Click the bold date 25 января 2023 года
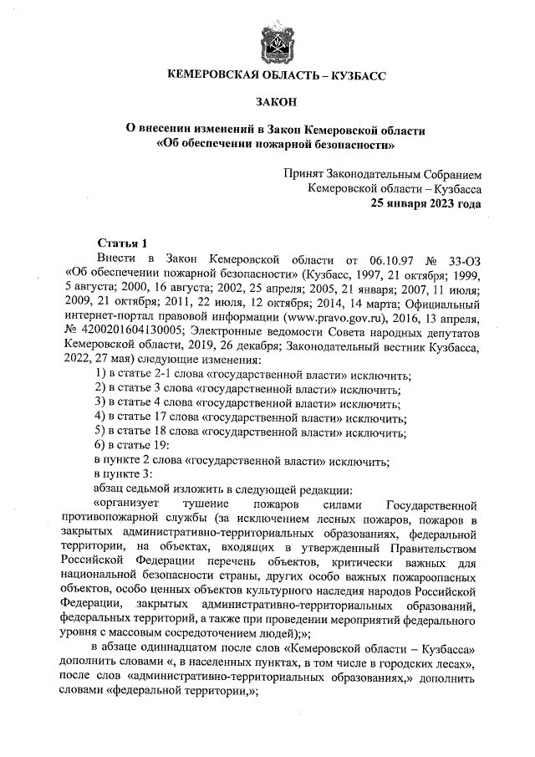[x=425, y=204]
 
